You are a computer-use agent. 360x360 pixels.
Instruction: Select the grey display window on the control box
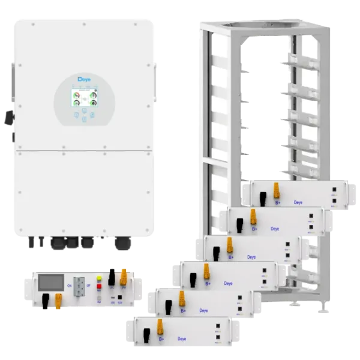point(52,282)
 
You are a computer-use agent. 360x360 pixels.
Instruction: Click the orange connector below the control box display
point(58,299)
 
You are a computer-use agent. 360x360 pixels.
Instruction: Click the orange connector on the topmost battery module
point(278,191)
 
